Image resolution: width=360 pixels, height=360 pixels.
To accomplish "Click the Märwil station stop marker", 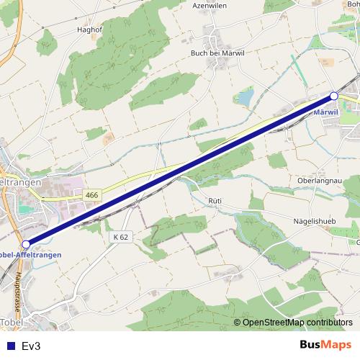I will point(334,95).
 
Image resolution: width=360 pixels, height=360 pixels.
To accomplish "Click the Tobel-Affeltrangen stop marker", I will point(27,244).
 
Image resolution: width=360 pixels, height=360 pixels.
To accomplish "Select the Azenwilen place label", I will point(210,4).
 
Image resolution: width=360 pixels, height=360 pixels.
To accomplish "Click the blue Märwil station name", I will point(328,112).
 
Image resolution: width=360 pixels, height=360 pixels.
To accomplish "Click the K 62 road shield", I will point(120,237).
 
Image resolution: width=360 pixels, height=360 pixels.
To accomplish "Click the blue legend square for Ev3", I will point(9,346).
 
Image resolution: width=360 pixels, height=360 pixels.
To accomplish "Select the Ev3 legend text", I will point(31,346).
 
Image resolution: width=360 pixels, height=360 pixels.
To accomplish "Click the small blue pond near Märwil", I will point(246,96).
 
